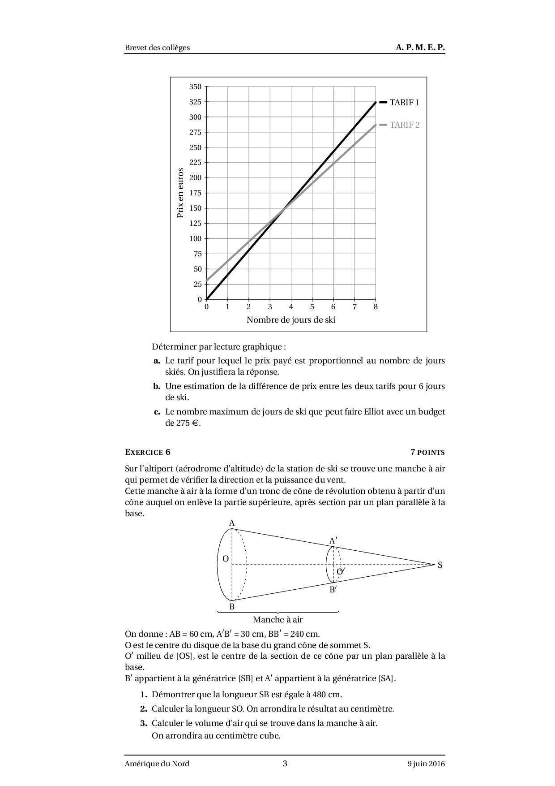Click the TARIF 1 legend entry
pos(404,102)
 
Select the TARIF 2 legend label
pos(405,125)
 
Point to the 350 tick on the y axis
pos(196,86)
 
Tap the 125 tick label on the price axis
pos(196,223)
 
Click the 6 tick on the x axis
pos(333,307)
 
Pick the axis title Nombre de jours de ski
pos(291,320)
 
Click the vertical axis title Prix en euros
pos(180,193)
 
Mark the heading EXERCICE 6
pos(148,452)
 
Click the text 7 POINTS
pos(427,452)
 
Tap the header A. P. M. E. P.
pos(420,48)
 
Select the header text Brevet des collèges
pos(157,48)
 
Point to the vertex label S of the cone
pos(440,565)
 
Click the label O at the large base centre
pos(226,559)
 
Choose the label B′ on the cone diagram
pos(333,590)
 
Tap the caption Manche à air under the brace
pos(277,620)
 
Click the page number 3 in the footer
pos(285,764)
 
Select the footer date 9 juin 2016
pos(423,764)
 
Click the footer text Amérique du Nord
pos(157,764)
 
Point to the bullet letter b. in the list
pos(156,386)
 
